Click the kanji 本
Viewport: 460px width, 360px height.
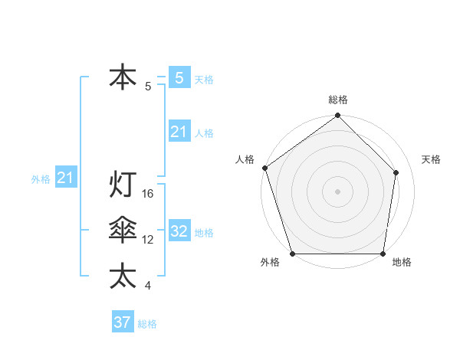pyautogui.click(x=123, y=78)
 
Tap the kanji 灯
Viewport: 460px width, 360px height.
pyautogui.click(x=123, y=185)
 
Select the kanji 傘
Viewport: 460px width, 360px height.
pyautogui.click(x=123, y=231)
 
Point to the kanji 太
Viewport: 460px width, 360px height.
pyautogui.click(x=123, y=276)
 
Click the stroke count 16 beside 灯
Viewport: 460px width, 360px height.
pyautogui.click(x=149, y=194)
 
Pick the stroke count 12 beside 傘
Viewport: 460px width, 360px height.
pyautogui.click(x=149, y=240)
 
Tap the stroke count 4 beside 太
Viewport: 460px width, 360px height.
pyautogui.click(x=148, y=286)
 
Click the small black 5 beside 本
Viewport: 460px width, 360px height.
pyautogui.click(x=148, y=87)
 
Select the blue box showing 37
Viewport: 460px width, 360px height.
pyautogui.click(x=123, y=322)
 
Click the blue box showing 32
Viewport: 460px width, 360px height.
pyautogui.click(x=179, y=231)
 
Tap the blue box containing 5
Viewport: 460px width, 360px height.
pyautogui.click(x=179, y=78)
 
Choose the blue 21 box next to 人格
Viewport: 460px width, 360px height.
pyautogui.click(x=179, y=132)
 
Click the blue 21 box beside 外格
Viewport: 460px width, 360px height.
pyautogui.click(x=65, y=178)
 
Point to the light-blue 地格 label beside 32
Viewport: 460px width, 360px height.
pyautogui.click(x=204, y=233)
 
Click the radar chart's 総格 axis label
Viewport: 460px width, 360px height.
pyautogui.click(x=338, y=100)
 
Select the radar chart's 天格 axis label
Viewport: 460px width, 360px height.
pyautogui.click(x=432, y=159)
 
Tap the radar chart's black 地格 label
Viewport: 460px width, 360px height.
pyautogui.click(x=402, y=263)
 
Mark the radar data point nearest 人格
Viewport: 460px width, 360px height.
pyautogui.click(x=264, y=168)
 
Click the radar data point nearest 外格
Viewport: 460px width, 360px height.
pyautogui.click(x=293, y=254)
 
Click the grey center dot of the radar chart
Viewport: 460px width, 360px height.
pyautogui.click(x=337, y=191)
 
